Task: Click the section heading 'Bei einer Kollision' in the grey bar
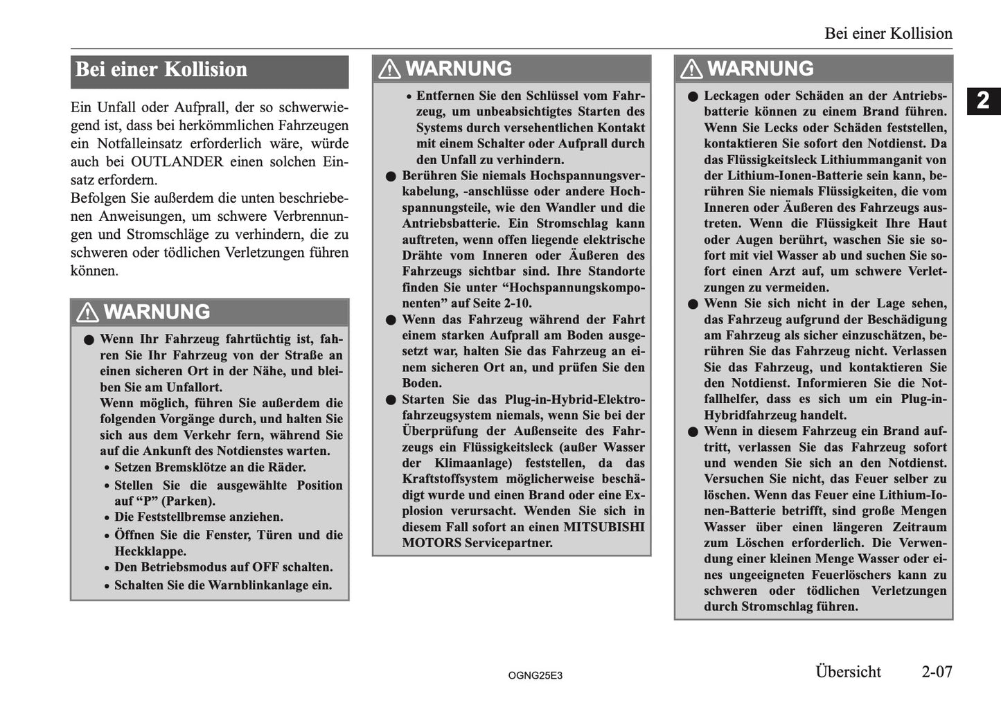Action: click(x=161, y=70)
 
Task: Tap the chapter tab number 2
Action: click(x=983, y=101)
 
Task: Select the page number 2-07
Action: click(x=937, y=671)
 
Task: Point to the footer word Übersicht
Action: click(x=848, y=671)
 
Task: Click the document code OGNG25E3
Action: click(x=535, y=675)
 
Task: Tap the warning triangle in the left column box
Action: click(x=88, y=312)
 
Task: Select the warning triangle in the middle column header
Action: click(x=389, y=69)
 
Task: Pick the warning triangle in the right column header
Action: click(x=691, y=69)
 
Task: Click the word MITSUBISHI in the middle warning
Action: click(x=603, y=527)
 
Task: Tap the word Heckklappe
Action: click(x=150, y=552)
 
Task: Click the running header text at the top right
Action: click(x=888, y=33)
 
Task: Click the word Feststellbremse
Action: click(x=183, y=517)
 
